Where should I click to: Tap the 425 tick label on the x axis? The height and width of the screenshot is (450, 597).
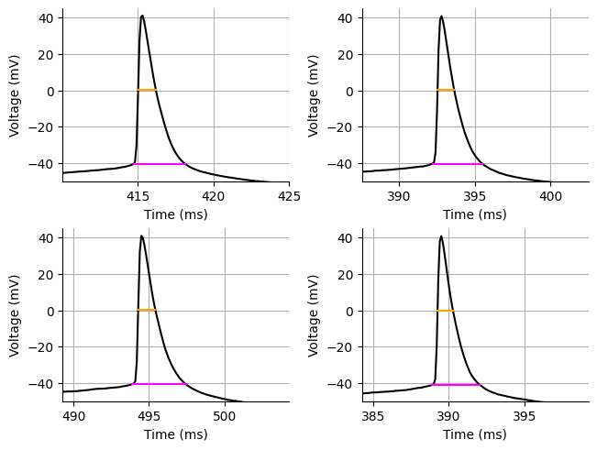(289, 195)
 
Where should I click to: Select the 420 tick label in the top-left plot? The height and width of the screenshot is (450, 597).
(214, 195)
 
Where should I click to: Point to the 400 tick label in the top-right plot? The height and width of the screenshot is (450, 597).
(550, 195)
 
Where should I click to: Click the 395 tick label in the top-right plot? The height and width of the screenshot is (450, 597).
(475, 195)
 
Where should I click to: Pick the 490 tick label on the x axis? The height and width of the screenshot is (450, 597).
(74, 415)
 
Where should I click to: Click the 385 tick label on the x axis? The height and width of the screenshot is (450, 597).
(373, 415)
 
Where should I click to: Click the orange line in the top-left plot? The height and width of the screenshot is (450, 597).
(147, 90)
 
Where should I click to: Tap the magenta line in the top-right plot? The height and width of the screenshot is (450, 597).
(458, 164)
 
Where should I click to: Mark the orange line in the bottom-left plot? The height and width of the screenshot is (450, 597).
(147, 311)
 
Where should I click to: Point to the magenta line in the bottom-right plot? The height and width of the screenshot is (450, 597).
(456, 385)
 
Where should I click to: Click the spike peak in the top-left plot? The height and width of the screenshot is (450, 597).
(142, 16)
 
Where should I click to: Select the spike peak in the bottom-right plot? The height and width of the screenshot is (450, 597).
(441, 236)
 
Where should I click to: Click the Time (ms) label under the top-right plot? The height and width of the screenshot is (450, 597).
(475, 214)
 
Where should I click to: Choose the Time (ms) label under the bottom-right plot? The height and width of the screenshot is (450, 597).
(475, 434)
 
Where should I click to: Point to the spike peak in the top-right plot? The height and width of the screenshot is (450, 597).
(441, 16)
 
